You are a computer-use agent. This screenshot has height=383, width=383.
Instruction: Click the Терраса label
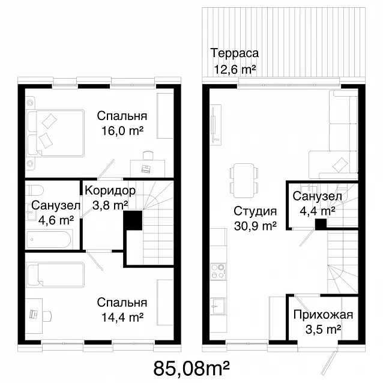(235, 53)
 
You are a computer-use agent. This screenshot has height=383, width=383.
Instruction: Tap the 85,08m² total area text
(191, 368)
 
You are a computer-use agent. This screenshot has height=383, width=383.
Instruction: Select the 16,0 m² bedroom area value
(122, 131)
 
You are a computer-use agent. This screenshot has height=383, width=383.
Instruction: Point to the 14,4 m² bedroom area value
(122, 318)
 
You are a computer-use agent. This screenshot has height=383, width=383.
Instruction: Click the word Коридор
(110, 190)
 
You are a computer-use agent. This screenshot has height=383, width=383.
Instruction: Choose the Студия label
(255, 211)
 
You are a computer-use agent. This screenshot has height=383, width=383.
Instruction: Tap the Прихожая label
(324, 315)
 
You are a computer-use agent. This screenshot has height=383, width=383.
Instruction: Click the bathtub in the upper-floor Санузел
(49, 240)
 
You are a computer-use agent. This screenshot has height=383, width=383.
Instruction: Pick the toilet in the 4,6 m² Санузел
(34, 190)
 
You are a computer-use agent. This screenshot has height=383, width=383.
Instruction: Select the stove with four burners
(218, 271)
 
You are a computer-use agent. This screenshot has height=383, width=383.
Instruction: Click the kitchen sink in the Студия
(218, 306)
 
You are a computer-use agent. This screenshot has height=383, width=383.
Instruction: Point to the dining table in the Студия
(244, 181)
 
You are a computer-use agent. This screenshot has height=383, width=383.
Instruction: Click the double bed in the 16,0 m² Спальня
(56, 133)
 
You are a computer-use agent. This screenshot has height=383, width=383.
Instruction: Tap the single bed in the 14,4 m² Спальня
(56, 274)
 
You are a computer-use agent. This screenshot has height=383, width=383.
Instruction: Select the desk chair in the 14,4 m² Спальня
(47, 316)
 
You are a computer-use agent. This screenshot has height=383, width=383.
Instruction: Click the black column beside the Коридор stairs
(133, 220)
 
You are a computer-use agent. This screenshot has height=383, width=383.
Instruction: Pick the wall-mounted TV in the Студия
(214, 125)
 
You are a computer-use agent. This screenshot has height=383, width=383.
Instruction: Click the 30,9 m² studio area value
(255, 226)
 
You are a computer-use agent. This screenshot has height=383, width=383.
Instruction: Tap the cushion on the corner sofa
(340, 164)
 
